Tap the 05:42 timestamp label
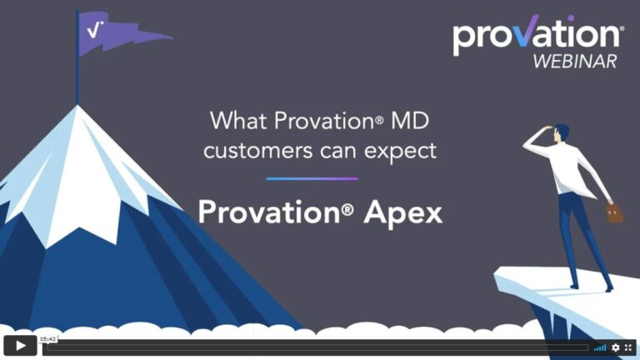pos(48,339)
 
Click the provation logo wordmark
pos(537,35)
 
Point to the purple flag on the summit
pos(117,33)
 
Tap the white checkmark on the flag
pos(95,29)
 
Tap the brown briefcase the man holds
pos(615,213)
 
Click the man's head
pos(561,132)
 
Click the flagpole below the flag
pos(77,79)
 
